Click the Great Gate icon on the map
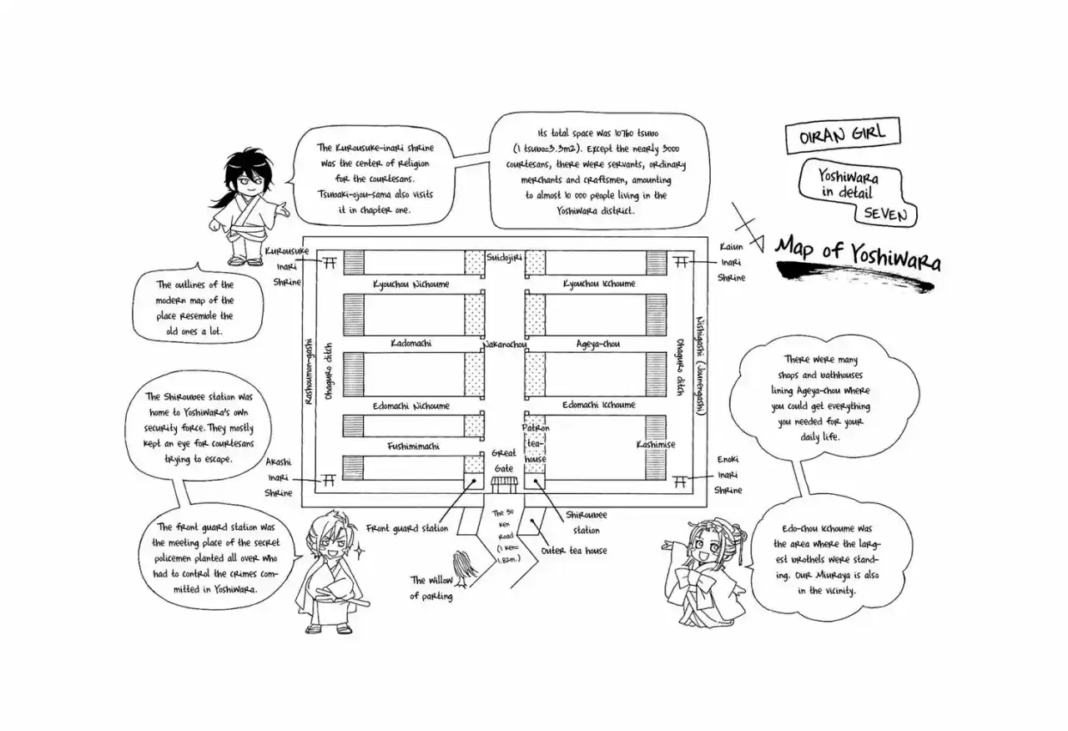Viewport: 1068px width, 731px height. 504,485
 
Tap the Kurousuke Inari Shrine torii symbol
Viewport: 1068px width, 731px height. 330,263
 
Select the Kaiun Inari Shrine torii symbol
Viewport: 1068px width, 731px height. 681,262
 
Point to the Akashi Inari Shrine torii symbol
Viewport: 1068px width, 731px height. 329,480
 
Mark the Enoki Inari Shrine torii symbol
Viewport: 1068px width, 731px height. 680,481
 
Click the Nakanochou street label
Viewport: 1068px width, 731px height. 505,345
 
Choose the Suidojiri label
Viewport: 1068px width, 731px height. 504,258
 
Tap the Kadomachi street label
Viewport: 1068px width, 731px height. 411,343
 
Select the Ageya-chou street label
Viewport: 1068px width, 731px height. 598,344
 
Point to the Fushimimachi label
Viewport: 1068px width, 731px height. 413,446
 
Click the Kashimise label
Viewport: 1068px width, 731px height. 656,445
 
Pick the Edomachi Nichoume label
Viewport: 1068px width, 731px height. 411,406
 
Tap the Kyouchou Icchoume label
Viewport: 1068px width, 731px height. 599,283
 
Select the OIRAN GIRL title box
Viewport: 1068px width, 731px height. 843,135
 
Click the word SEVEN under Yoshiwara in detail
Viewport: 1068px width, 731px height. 886,214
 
